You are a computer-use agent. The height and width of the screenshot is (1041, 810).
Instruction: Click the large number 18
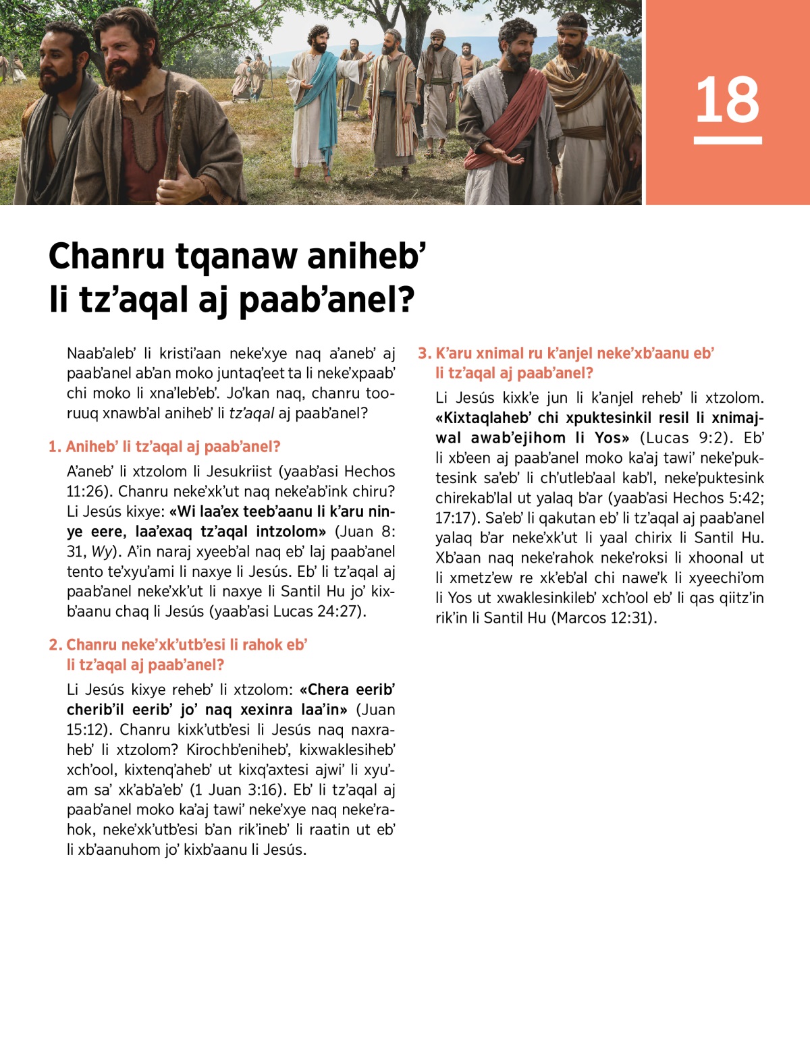pos(727,100)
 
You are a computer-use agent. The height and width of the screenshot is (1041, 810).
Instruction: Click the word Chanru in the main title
pos(107,257)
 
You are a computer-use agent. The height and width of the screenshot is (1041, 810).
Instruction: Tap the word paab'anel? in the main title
pos(327,300)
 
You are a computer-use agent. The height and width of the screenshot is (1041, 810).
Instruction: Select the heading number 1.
pos(54,447)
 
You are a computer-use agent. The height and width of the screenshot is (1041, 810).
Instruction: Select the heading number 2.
pos(55,645)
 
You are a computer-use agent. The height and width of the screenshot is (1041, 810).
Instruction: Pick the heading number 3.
pos(424,354)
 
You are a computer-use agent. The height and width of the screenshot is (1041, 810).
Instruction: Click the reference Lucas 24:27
pos(318,612)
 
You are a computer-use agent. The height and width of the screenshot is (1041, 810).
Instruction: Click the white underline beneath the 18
pos(728,140)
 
